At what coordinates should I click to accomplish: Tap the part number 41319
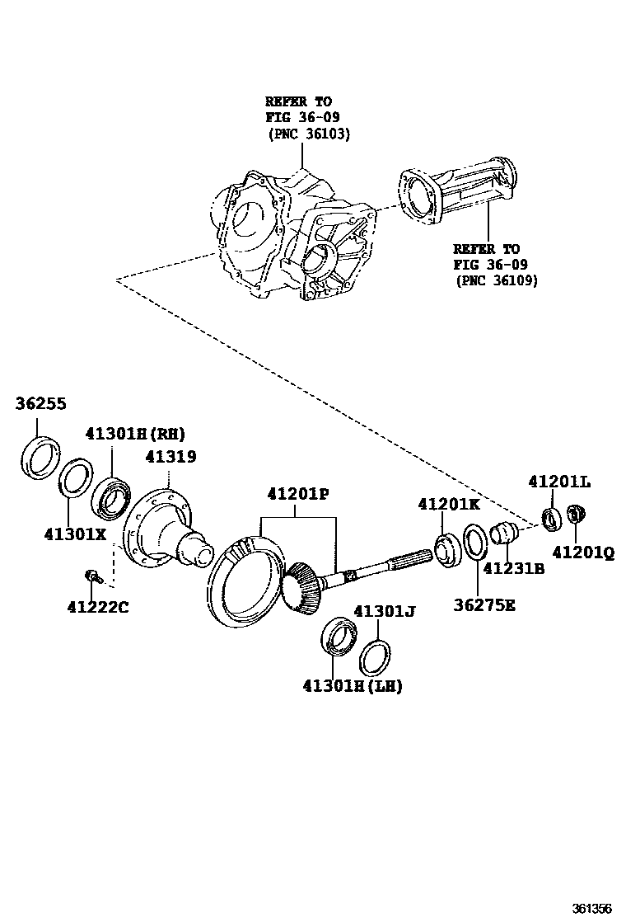[x=171, y=457]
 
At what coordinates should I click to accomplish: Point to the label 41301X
[x=75, y=534]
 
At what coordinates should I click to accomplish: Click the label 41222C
[x=97, y=608]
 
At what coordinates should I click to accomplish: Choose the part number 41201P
[x=297, y=494]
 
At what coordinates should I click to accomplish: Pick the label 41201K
[x=448, y=503]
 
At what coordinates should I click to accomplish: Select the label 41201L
[x=559, y=482]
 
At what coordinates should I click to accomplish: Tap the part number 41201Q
[x=583, y=554]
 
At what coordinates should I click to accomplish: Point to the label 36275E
[x=484, y=605]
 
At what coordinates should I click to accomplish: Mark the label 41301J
[x=384, y=611]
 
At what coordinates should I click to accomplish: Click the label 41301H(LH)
[x=353, y=685]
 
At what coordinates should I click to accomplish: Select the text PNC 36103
[x=309, y=134]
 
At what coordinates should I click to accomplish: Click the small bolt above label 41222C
[x=92, y=576]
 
